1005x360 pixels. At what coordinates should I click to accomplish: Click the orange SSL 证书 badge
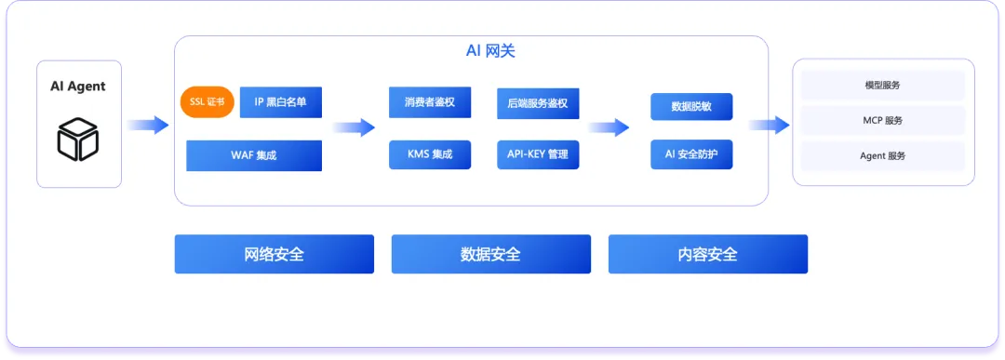pyautogui.click(x=207, y=102)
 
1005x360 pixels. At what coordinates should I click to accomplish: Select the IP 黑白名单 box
pyautogui.click(x=281, y=102)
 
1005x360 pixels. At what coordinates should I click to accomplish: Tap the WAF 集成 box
pyautogui.click(x=254, y=155)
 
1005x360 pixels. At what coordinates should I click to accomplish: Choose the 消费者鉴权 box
pyautogui.click(x=429, y=102)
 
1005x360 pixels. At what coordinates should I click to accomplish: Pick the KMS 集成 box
pyautogui.click(x=429, y=155)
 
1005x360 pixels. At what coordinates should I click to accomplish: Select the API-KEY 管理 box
pyautogui.click(x=538, y=155)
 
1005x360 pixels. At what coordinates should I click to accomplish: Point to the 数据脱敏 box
pyautogui.click(x=690, y=107)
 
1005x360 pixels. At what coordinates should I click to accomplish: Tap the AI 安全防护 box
pyautogui.click(x=690, y=155)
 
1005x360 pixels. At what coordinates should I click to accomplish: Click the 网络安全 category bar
pyautogui.click(x=275, y=254)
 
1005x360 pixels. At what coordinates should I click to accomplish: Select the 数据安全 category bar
pyautogui.click(x=491, y=254)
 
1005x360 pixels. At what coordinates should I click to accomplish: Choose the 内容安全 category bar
pyautogui.click(x=707, y=254)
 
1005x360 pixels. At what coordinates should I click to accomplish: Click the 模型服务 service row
pyautogui.click(x=882, y=86)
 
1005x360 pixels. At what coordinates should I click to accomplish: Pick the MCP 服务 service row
pyautogui.click(x=882, y=120)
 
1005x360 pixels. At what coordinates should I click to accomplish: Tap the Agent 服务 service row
pyautogui.click(x=882, y=155)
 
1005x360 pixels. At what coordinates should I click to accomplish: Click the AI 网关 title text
pyautogui.click(x=490, y=51)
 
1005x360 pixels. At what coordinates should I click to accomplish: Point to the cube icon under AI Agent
pyautogui.click(x=77, y=139)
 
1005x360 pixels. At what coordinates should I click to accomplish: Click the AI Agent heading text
pyautogui.click(x=78, y=86)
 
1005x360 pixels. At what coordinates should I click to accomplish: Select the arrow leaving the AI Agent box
pyautogui.click(x=148, y=125)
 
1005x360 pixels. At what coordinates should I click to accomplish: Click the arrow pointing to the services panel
pyautogui.click(x=770, y=125)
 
